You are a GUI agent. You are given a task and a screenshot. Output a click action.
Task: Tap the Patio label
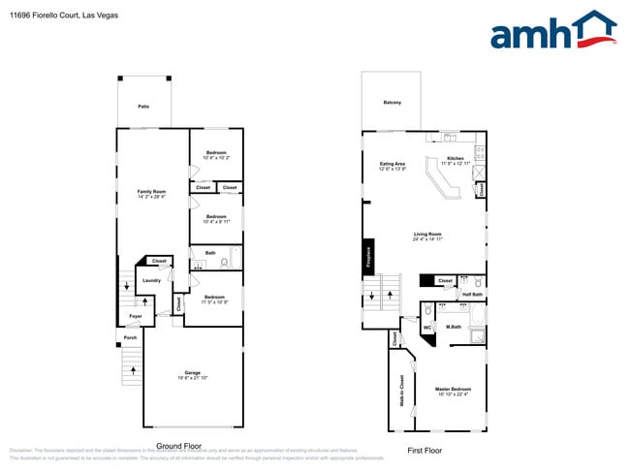(x=143, y=106)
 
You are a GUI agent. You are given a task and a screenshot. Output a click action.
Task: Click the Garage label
(x=192, y=373)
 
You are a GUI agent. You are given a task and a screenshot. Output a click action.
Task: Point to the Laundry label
(x=151, y=280)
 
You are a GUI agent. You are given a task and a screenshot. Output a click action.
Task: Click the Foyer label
(x=136, y=316)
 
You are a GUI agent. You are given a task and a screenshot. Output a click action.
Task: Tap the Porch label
(x=130, y=338)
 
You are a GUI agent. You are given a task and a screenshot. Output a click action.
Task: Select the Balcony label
(x=392, y=102)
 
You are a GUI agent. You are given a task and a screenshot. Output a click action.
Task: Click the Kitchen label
(x=455, y=158)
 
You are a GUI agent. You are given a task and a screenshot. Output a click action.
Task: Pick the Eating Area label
(x=393, y=164)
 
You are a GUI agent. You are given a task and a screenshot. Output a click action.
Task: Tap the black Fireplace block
(x=368, y=255)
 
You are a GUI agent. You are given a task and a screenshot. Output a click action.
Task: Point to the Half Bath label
(x=472, y=294)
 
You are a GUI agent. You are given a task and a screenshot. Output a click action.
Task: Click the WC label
(x=426, y=328)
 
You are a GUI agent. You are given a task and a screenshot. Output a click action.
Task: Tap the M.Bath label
(x=453, y=328)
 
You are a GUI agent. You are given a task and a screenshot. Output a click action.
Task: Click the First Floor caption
(x=425, y=451)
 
